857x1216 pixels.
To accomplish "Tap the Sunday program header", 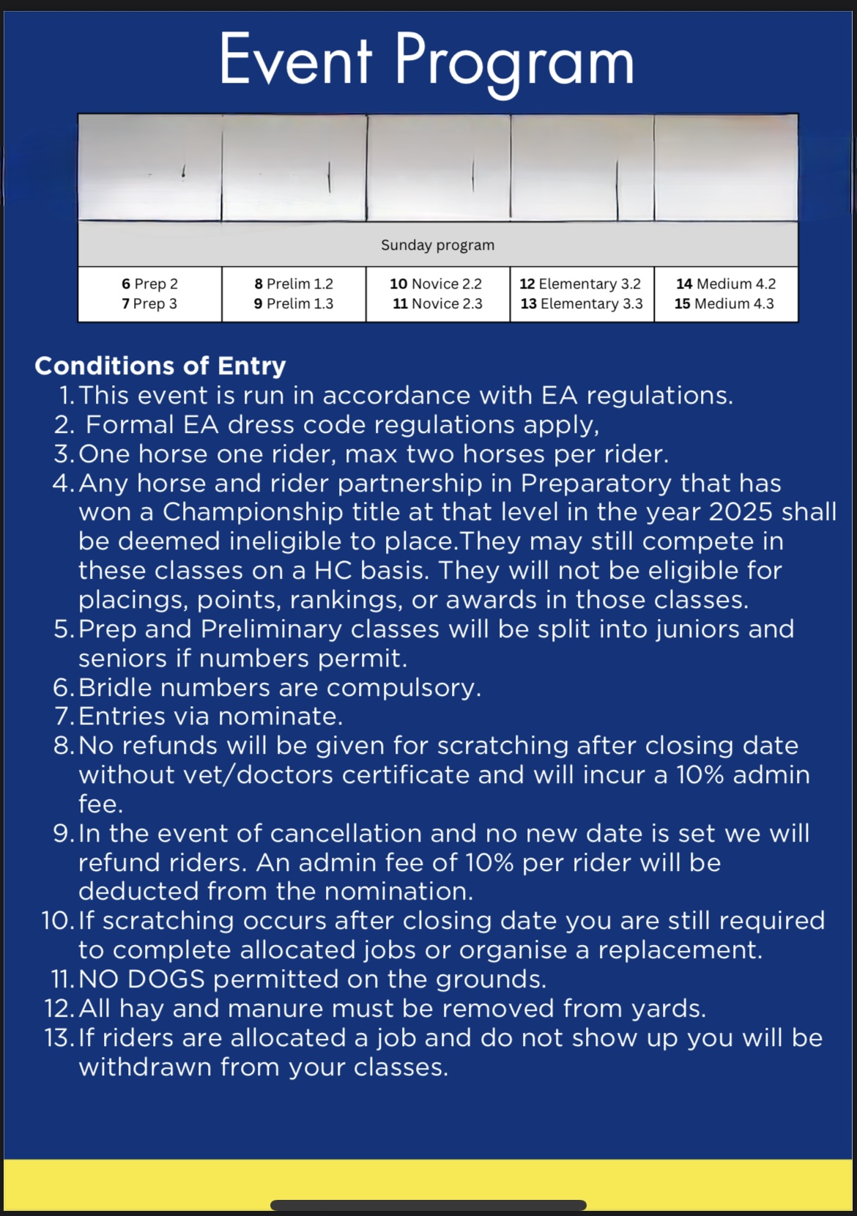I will [x=437, y=245].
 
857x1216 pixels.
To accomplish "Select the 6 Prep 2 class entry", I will [x=149, y=283].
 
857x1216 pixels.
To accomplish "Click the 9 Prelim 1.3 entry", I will [x=293, y=303].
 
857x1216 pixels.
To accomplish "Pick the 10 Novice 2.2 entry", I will [x=436, y=283].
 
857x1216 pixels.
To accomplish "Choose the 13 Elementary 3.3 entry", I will [x=582, y=303].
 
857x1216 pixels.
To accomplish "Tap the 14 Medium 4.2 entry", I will [x=725, y=283].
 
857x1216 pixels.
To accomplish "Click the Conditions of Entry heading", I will [x=160, y=366].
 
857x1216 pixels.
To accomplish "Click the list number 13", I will [x=58, y=1038].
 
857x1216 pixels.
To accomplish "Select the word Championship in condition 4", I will [x=252, y=512].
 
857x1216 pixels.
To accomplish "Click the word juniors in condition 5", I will [x=683, y=629].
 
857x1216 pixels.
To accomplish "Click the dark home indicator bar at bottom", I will [x=428, y=1205].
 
